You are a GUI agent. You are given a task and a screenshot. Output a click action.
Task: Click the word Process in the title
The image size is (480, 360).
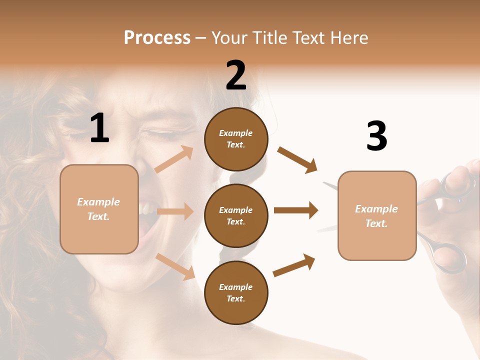pyautogui.click(x=157, y=38)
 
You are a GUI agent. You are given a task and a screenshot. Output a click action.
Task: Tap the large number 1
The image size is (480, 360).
pyautogui.click(x=99, y=128)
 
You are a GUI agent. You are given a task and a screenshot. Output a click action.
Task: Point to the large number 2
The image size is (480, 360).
pyautogui.click(x=236, y=75)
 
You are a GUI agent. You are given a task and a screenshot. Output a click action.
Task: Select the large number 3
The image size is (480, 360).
pyautogui.click(x=376, y=136)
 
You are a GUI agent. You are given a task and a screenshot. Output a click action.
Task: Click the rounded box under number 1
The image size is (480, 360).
pyautogui.click(x=99, y=209)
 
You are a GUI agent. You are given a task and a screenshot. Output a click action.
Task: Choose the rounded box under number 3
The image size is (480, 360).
pyautogui.click(x=377, y=216)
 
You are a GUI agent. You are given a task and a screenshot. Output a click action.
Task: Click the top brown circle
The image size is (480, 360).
pyautogui.click(x=236, y=139)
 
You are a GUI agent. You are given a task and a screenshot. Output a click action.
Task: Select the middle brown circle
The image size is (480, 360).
pyautogui.click(x=236, y=215)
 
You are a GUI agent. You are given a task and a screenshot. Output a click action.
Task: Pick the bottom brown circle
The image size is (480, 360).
pyautogui.click(x=236, y=292)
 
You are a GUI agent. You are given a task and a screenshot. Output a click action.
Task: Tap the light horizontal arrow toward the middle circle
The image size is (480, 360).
pyautogui.click(x=175, y=211)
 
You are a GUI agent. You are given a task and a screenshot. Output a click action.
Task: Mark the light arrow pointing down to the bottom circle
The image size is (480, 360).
pyautogui.click(x=175, y=265)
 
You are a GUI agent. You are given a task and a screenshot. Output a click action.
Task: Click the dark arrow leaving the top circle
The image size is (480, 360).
pyautogui.click(x=297, y=159)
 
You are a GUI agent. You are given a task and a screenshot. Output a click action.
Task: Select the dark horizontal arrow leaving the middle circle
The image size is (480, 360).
pyautogui.click(x=296, y=210)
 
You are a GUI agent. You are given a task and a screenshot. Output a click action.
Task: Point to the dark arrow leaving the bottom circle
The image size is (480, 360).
pyautogui.click(x=294, y=265)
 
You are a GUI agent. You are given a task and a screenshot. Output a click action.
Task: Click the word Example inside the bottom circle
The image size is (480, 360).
pyautogui.click(x=236, y=287)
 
